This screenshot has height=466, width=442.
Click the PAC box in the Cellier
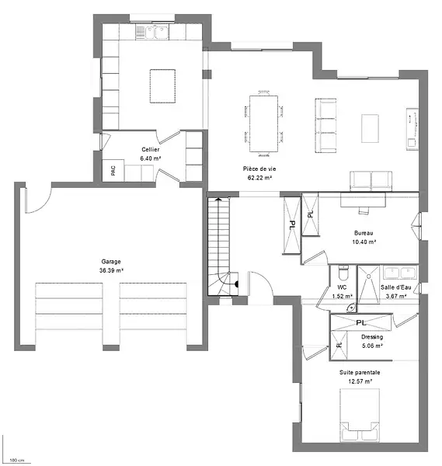tap(113, 170)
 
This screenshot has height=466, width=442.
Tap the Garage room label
tap(111, 262)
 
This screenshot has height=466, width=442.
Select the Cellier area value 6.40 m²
tap(151, 158)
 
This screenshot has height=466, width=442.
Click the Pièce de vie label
tap(259, 169)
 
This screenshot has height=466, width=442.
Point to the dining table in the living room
tap(263, 123)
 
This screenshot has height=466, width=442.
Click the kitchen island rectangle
tap(162, 86)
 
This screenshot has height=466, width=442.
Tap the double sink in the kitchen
tap(152, 32)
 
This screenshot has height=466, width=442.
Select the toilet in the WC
tap(343, 273)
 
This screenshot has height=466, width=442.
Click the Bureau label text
tap(364, 233)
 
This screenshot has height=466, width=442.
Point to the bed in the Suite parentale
tap(360, 416)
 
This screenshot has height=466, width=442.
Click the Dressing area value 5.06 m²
tap(372, 346)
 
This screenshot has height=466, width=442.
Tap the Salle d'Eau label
tap(396, 287)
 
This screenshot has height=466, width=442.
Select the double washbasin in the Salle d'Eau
tap(400, 273)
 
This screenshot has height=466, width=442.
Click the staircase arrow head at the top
tap(218, 199)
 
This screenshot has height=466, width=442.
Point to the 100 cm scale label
tap(16, 460)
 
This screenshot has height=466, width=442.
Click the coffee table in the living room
tap(370, 128)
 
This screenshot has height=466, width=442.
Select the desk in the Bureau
tap(363, 200)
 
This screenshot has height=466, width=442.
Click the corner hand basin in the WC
tap(352, 308)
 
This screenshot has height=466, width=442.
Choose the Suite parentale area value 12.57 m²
tap(360, 381)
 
